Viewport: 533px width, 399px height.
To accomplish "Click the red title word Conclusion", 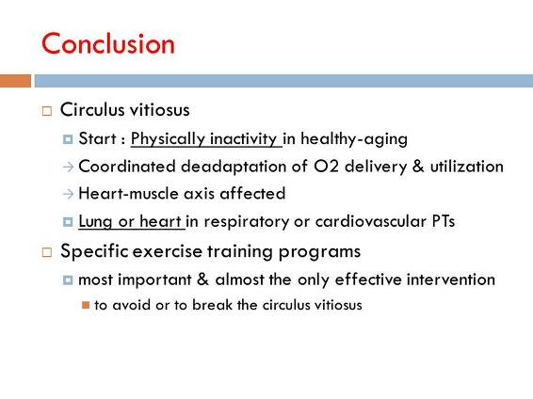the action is (107, 44).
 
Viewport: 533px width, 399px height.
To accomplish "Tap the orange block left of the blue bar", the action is (15, 81).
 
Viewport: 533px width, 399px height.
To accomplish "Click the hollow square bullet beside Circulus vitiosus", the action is (47, 111).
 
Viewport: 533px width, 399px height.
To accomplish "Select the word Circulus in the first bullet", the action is (92, 110).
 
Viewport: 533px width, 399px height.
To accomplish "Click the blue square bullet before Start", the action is (68, 139).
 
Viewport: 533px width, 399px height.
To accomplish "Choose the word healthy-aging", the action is (354, 139).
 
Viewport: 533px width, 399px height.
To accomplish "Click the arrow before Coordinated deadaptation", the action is (68, 167).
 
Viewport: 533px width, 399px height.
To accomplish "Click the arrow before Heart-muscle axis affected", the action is (68, 194).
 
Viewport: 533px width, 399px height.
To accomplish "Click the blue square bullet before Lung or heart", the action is (68, 222).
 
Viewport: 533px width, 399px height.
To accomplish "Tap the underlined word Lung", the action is (95, 222).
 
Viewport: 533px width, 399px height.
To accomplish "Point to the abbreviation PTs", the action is (444, 221).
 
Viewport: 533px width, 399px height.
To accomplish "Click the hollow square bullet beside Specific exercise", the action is (47, 252).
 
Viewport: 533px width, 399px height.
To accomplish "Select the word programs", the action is (319, 252).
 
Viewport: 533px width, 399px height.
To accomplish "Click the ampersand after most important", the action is (202, 279).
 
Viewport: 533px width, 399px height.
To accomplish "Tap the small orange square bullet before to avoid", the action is (86, 305).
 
